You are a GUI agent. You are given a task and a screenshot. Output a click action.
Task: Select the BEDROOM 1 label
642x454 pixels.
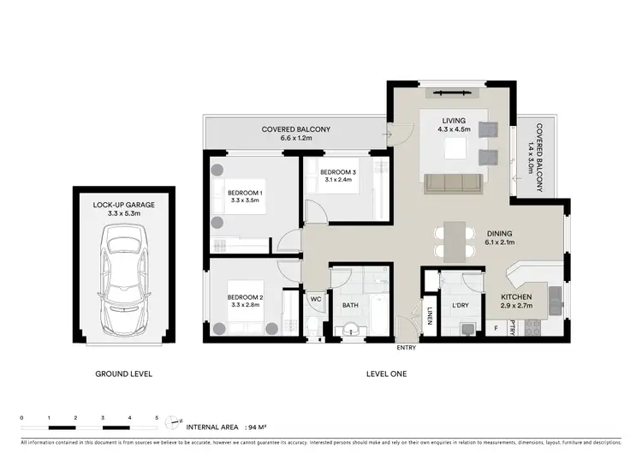[x=245, y=193]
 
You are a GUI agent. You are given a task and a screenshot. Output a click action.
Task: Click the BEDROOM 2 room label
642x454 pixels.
[x=245, y=298]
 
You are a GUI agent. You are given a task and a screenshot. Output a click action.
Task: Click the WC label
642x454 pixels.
[x=314, y=300]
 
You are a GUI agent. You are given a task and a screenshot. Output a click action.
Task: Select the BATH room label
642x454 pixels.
[x=351, y=304]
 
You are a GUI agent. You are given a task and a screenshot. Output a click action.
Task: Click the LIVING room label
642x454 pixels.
[x=454, y=121]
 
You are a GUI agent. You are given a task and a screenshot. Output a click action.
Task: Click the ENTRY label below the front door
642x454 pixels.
[x=407, y=348]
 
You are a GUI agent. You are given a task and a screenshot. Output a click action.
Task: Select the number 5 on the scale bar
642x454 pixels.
[x=157, y=417]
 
